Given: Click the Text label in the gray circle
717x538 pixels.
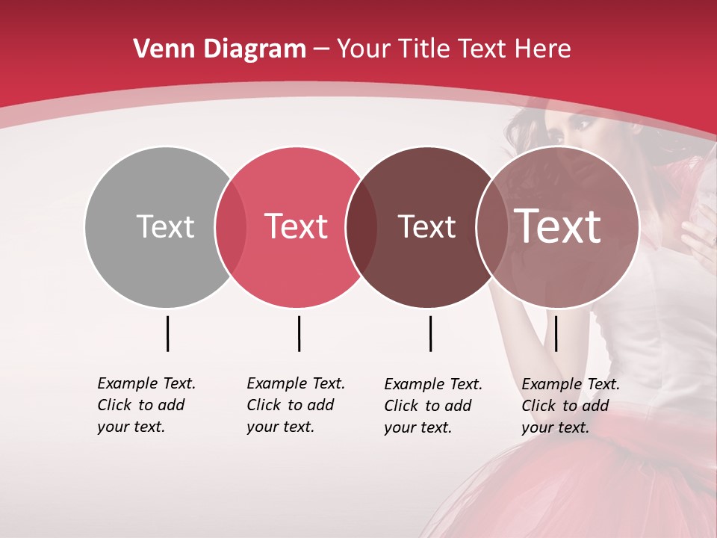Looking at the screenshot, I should [165, 226].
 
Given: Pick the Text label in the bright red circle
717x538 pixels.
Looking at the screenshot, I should [297, 226].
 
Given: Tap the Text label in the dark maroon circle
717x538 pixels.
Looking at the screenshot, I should [426, 226].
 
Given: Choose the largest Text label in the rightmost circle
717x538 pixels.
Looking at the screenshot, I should [558, 226].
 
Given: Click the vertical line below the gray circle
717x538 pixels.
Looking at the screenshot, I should [167, 333].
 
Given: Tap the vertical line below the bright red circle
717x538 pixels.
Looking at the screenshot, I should [299, 333].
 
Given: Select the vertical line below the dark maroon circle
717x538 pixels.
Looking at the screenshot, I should [430, 333].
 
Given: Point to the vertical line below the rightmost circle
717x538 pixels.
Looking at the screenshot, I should [556, 333].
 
